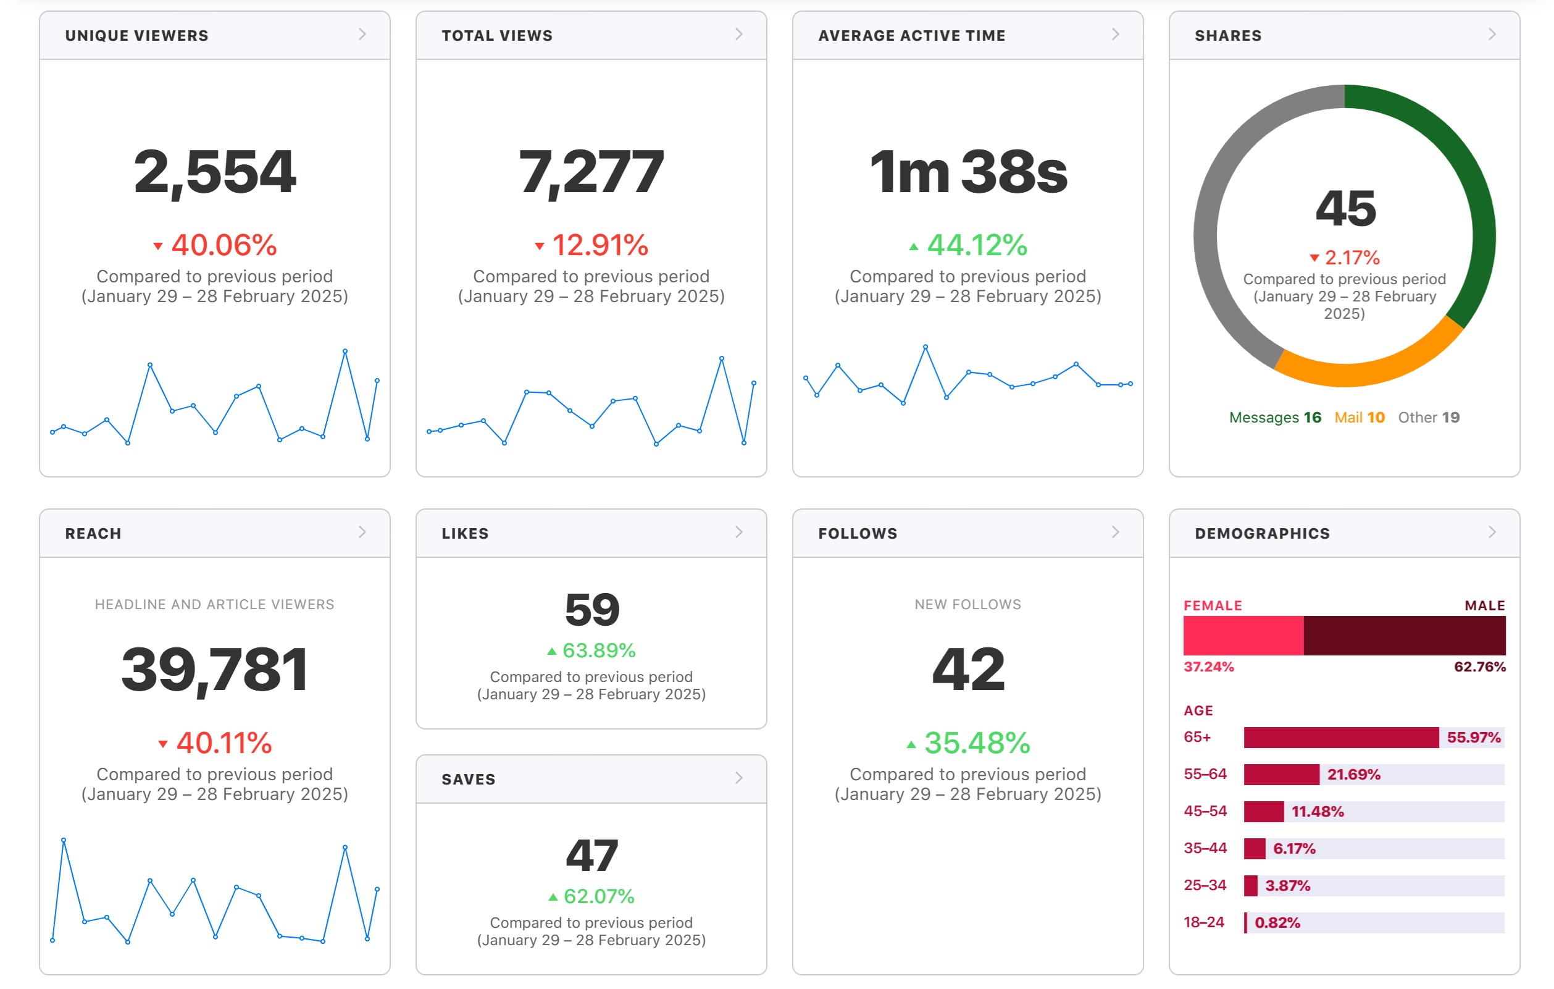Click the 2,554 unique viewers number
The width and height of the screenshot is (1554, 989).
[x=215, y=172]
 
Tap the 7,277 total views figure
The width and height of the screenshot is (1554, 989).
[x=591, y=172]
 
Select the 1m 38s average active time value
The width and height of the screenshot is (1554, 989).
[x=968, y=171]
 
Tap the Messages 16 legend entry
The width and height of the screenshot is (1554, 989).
[x=1275, y=418]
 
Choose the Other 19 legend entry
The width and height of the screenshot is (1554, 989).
[x=1429, y=418]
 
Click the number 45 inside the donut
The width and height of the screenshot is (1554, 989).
[x=1345, y=209]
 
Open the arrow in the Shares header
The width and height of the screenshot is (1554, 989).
[x=1492, y=34]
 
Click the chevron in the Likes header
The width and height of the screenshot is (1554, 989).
[x=739, y=532]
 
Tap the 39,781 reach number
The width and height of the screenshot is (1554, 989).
[x=215, y=670]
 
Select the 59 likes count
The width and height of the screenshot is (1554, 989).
[x=592, y=610]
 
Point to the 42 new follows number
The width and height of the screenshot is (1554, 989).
[x=968, y=670]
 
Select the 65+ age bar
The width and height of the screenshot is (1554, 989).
[x=1341, y=738]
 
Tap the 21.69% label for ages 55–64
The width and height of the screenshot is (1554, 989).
[x=1353, y=775]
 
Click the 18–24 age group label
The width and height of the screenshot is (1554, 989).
[x=1203, y=922]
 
